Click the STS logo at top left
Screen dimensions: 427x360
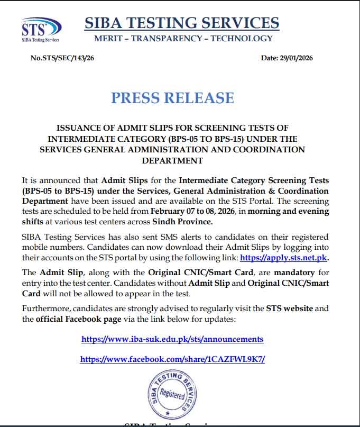click(40, 29)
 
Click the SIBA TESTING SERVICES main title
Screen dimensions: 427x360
click(181, 23)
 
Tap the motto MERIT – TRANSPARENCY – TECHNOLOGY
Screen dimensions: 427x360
click(183, 38)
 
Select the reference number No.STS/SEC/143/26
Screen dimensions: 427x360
click(63, 58)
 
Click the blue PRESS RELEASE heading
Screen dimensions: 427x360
click(172, 98)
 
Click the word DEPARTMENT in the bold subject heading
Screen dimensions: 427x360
click(172, 160)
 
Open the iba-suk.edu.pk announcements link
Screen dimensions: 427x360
click(172, 339)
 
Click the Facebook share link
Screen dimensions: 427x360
click(172, 359)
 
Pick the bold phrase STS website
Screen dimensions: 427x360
click(290, 308)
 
